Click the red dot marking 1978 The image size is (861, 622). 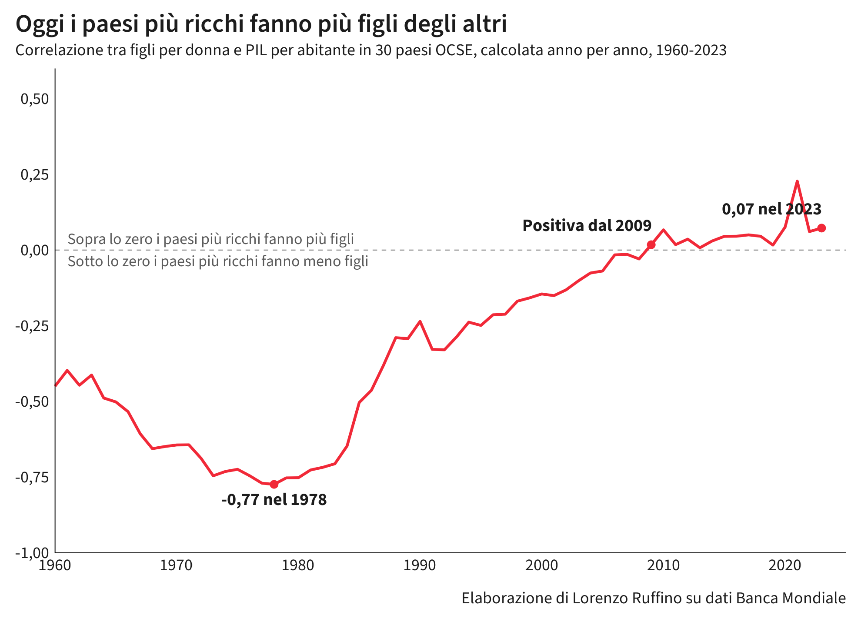coord(274,484)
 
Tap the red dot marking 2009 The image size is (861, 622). coord(651,245)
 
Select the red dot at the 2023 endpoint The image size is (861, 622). coord(821,228)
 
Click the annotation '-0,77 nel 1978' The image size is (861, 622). coord(274,500)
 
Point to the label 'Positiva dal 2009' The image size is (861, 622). coord(587,225)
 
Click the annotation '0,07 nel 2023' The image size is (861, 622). coord(772,209)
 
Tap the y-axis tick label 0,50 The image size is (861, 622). coord(35,99)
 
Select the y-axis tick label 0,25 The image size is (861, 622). coord(35,175)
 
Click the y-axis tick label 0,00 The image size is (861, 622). coord(35,250)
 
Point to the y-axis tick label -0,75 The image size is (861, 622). coord(33,477)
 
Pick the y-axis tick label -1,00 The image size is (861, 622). coord(33,553)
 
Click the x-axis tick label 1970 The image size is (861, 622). coord(176,565)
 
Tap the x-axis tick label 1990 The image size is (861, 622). coord(420,565)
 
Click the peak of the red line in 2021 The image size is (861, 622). coord(797,181)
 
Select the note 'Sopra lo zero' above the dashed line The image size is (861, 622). coord(211,239)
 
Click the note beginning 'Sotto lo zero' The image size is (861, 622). coord(218,261)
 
